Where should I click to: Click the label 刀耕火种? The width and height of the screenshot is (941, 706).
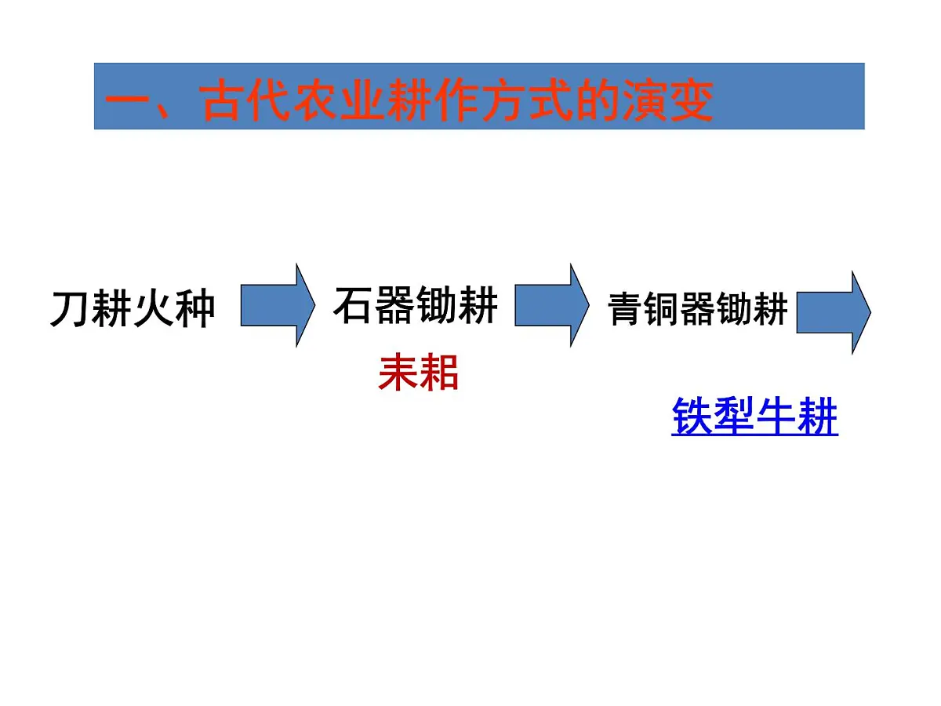pyautogui.click(x=133, y=309)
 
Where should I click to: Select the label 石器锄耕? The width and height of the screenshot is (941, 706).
pyautogui.click(x=416, y=306)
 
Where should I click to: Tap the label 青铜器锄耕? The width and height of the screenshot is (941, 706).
pyautogui.click(x=698, y=309)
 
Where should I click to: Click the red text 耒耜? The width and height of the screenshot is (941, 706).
pyautogui.click(x=418, y=373)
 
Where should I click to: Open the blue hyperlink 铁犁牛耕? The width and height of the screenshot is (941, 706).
pyautogui.click(x=754, y=417)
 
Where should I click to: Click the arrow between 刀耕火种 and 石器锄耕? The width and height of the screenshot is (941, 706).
pyautogui.click(x=277, y=305)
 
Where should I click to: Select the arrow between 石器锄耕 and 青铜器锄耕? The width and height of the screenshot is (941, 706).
pyautogui.click(x=551, y=305)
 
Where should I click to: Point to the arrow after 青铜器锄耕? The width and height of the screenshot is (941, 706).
pyautogui.click(x=834, y=312)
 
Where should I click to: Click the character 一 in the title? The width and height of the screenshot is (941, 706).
pyautogui.click(x=126, y=102)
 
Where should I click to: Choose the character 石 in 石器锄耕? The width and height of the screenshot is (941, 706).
pyautogui.click(x=354, y=306)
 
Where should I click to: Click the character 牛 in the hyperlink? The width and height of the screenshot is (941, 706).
pyautogui.click(x=776, y=417)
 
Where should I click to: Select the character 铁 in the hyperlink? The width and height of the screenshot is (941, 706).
pyautogui.click(x=692, y=417)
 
